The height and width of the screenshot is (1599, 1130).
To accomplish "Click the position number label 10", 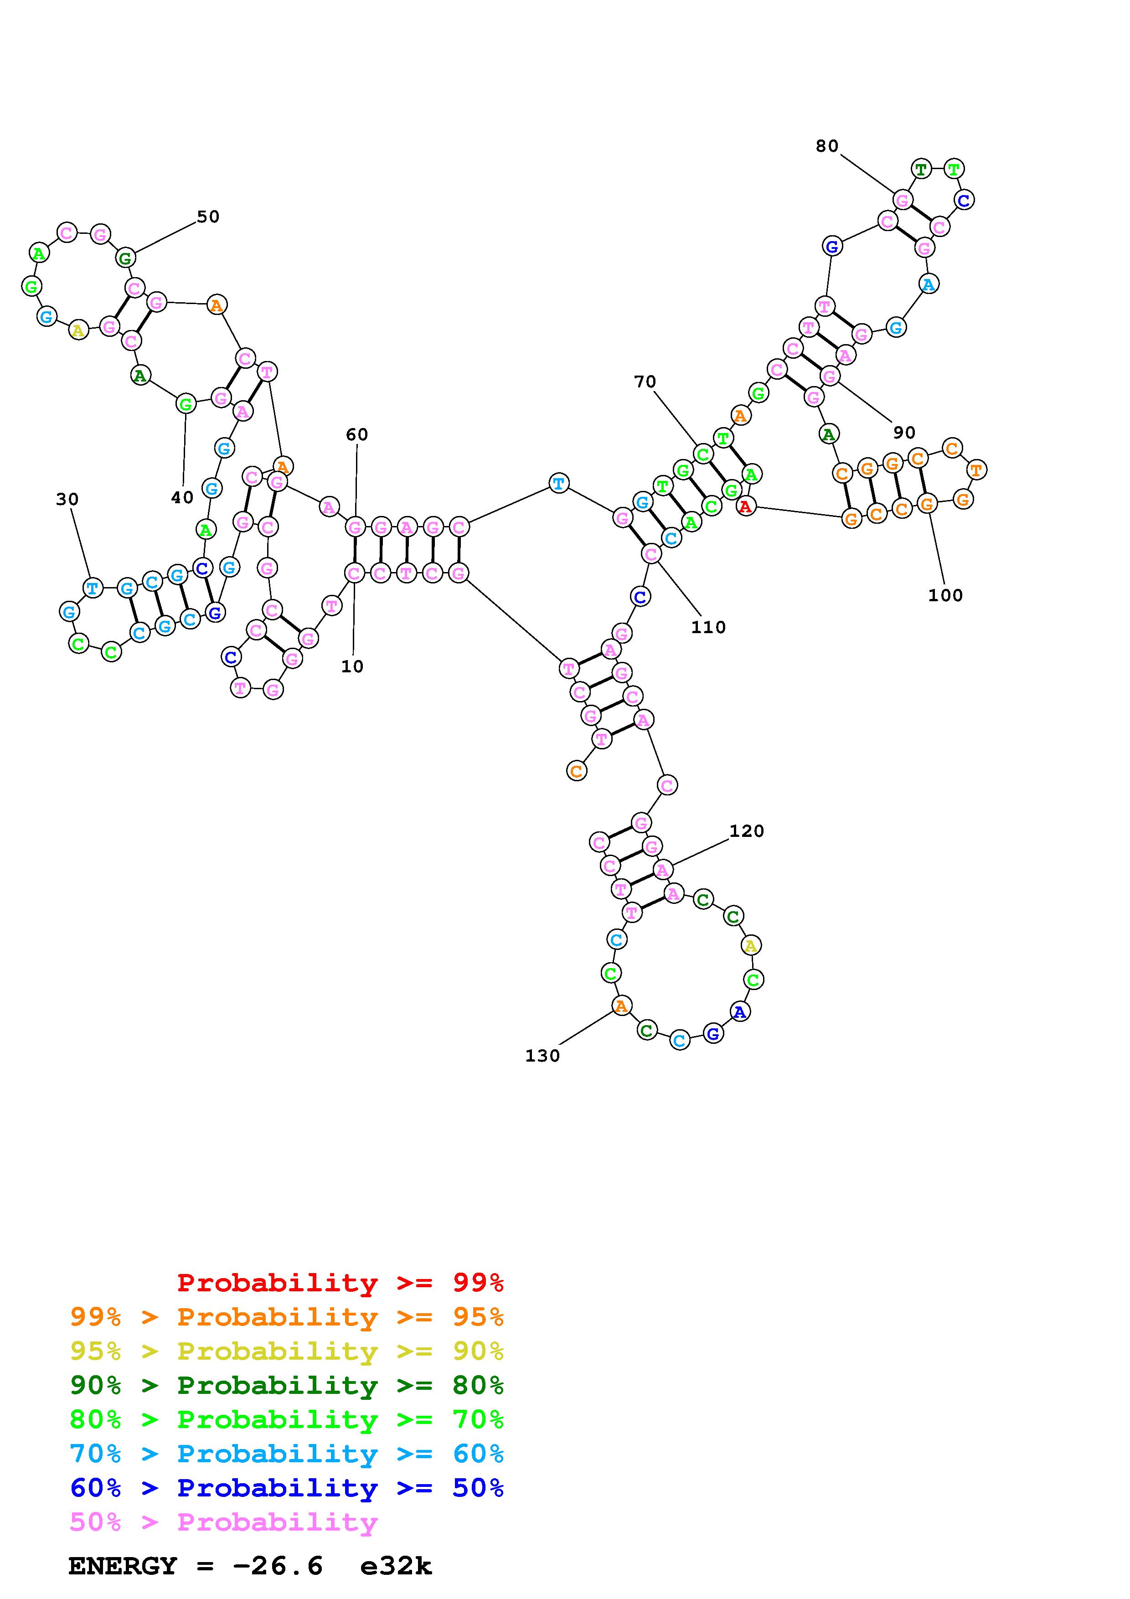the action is coord(352,666).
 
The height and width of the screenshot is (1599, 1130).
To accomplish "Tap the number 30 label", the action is coord(67,499).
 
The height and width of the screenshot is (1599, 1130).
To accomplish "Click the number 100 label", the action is coord(945,595).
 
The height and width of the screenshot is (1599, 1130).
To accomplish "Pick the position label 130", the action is coord(542,1056).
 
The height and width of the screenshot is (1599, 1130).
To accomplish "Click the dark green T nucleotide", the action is coord(921,169).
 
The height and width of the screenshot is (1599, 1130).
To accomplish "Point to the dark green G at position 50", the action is coord(125,258).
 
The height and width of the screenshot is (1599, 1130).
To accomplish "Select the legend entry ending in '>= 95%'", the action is coord(287,1317).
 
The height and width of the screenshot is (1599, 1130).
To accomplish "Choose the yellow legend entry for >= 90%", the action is coord(287,1351).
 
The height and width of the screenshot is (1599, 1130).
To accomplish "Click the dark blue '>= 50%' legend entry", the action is coord(287,1488).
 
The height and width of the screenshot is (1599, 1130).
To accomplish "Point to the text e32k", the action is coord(396,1566).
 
